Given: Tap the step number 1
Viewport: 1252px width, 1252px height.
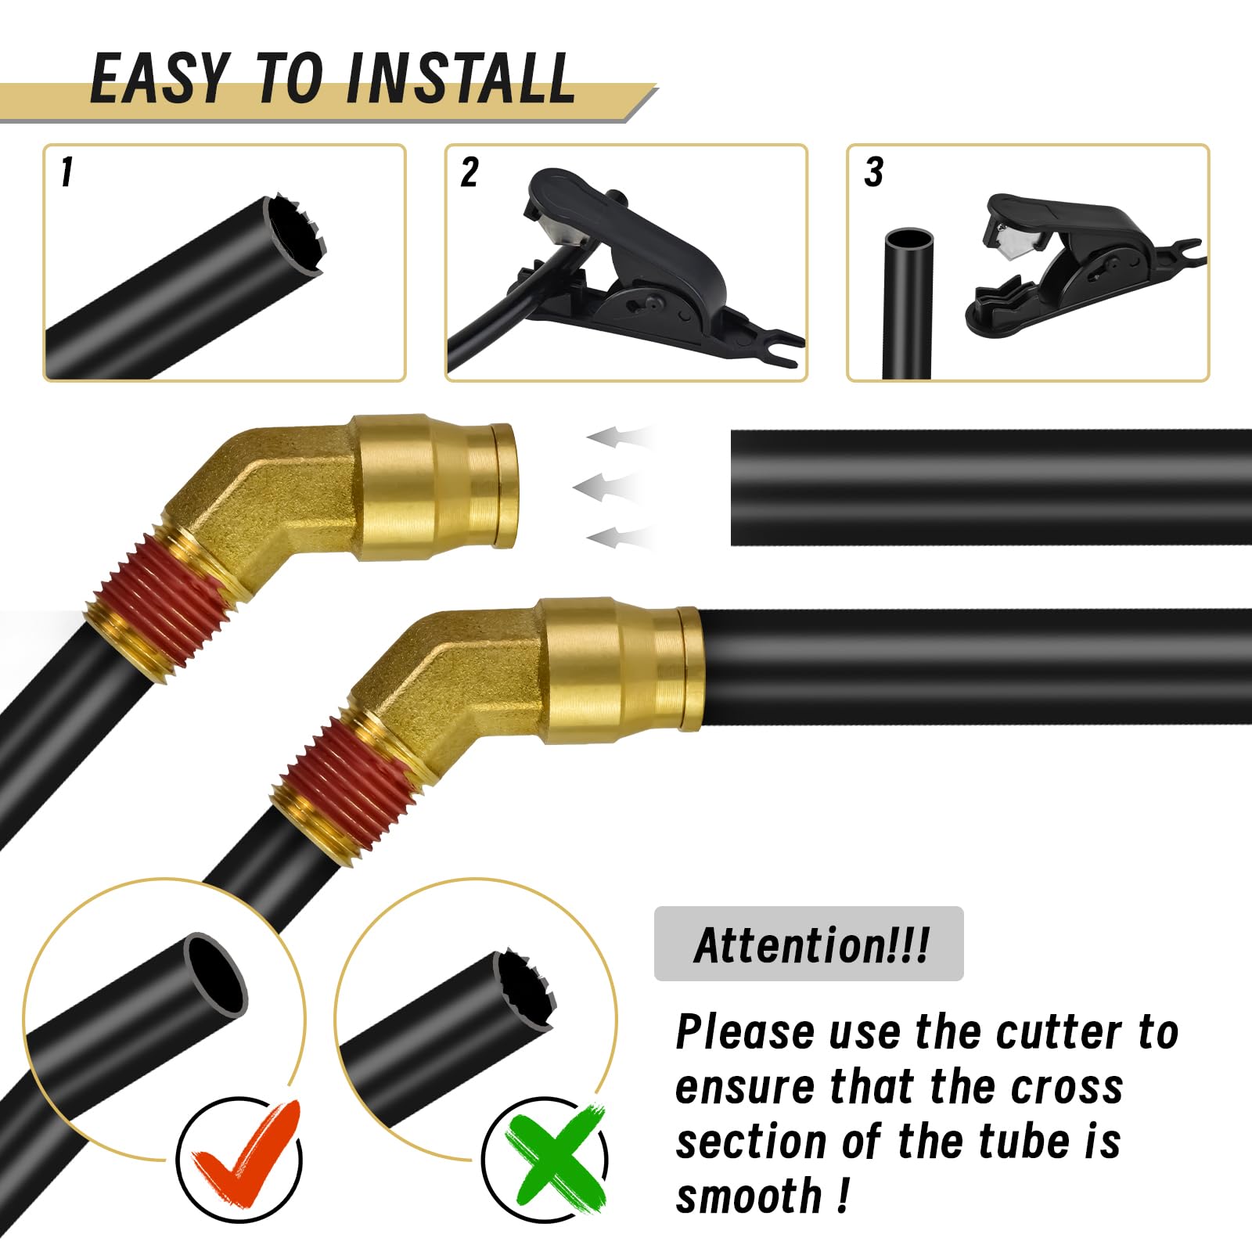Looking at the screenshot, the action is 67,172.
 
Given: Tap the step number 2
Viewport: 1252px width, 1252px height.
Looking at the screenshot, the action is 469,172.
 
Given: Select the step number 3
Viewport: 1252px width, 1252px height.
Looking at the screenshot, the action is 873,172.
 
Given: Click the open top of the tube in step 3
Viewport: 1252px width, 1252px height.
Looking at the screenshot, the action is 908,238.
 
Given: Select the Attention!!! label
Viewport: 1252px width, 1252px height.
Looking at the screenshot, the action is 811,944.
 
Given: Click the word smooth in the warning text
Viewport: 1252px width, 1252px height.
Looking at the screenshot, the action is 749,1196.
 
